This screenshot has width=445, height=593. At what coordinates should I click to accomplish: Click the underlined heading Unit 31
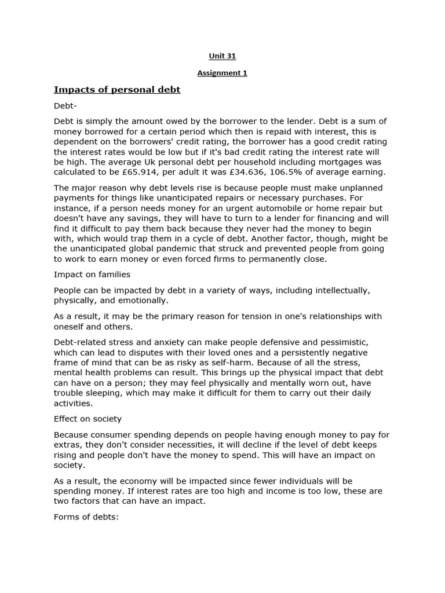tap(222, 56)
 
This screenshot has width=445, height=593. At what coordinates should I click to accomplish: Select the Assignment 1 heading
tap(222, 73)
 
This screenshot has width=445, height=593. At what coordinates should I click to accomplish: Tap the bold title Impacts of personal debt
tap(117, 90)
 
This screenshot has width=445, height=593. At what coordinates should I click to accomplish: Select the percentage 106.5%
tap(301, 172)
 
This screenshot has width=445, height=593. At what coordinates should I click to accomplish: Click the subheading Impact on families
tap(92, 274)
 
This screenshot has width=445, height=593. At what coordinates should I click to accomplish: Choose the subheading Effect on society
tap(87, 419)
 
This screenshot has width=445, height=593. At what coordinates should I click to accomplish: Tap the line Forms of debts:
tap(86, 517)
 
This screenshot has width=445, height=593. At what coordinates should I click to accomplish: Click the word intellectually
tap(334, 290)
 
